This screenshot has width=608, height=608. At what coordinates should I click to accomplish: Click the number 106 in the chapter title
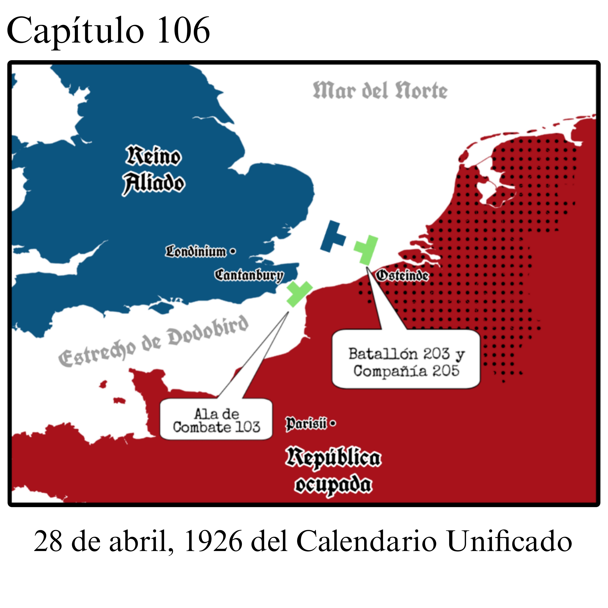(x=183, y=31)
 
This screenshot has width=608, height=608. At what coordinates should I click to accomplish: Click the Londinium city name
(x=196, y=252)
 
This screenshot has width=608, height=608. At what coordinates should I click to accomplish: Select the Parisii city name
(x=306, y=424)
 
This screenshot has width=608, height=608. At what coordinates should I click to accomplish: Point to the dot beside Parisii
(x=333, y=424)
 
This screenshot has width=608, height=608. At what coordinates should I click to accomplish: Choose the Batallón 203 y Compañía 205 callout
(x=406, y=362)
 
